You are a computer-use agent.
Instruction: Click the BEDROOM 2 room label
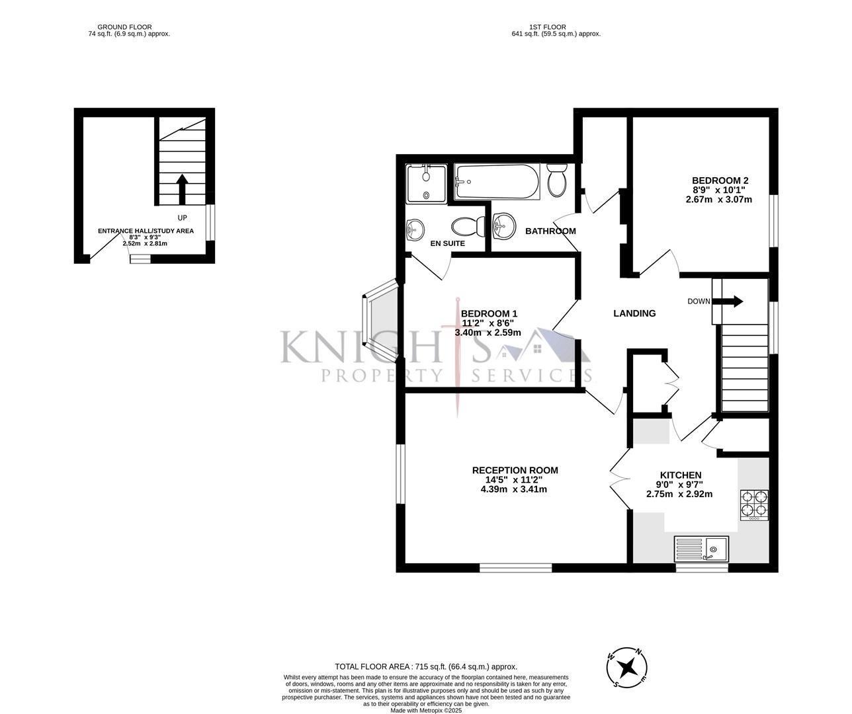720,180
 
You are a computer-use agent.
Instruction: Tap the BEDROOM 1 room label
489,313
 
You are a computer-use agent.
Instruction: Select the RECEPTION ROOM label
515,470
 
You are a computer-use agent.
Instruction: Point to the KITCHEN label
680,475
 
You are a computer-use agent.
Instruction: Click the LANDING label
634,313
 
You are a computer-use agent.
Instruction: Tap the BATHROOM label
550,231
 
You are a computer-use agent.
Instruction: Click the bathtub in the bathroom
497,180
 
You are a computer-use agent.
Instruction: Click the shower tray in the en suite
427,182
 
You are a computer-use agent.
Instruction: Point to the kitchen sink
701,548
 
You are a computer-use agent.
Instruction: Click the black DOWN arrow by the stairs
732,301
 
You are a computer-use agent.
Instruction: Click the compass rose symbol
628,666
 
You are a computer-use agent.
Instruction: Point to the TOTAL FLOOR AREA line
426,667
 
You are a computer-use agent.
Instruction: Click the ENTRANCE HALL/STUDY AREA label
146,231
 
